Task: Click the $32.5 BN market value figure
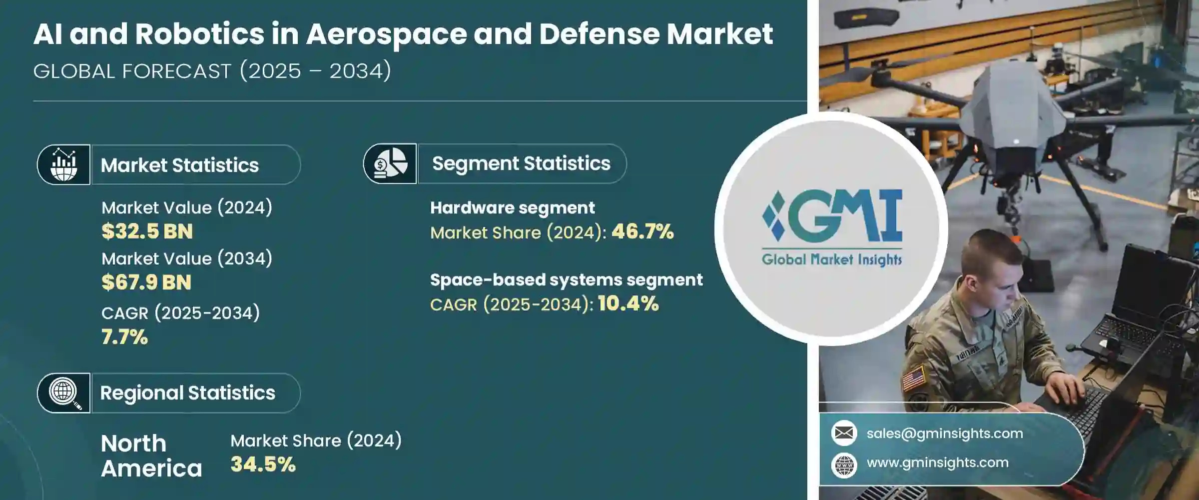point(147,231)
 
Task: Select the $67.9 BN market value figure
point(146,282)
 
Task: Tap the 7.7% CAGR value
point(124,337)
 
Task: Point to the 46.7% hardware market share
point(642,232)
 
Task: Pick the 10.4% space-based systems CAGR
point(628,304)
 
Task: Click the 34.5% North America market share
point(263,464)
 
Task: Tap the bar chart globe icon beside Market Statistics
point(64,165)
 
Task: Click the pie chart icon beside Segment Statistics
point(390,164)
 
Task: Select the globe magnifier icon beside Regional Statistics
point(64,393)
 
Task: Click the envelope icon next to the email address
point(844,433)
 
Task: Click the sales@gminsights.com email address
point(944,433)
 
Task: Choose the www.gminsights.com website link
point(937,462)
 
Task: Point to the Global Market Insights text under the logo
point(832,259)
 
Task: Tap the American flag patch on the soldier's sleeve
point(914,378)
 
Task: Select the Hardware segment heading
point(512,207)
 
